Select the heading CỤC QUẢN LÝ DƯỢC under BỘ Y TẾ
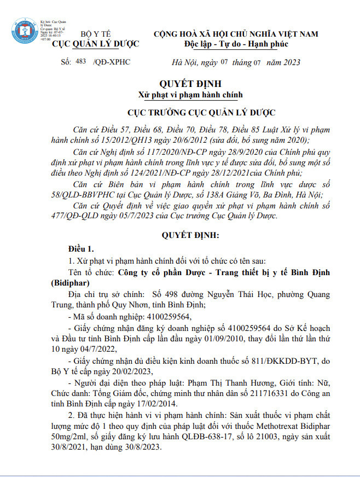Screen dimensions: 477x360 [x=95, y=44]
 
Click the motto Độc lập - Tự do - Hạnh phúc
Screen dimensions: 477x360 [x=236, y=44]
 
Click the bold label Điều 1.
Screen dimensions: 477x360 [x=80, y=248]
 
